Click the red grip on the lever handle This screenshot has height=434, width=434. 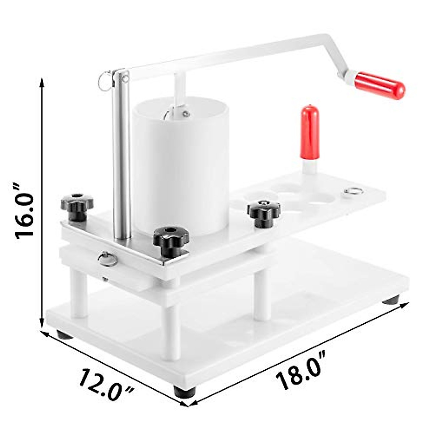point(379,86)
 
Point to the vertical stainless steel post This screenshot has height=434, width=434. point(122,156)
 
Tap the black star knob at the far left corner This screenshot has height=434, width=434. point(77,206)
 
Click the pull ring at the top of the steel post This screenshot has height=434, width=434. point(105,81)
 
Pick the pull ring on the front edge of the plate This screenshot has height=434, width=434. point(107,259)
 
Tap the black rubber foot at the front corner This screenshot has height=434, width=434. point(184,392)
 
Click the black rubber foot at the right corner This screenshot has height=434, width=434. point(391,300)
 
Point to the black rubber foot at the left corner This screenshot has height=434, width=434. point(64,335)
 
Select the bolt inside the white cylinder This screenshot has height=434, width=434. point(186,114)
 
